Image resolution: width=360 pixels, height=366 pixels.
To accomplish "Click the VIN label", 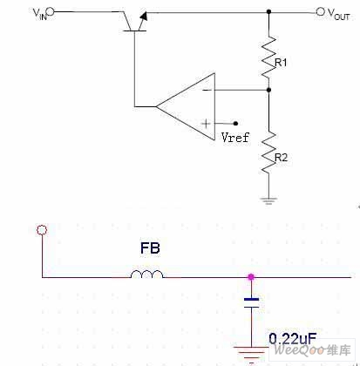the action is (x=40, y=14).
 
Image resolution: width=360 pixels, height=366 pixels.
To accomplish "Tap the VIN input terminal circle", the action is (x=50, y=11).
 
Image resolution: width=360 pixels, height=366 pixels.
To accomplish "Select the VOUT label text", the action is (x=338, y=14).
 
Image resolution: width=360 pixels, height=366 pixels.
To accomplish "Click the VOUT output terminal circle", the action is (x=320, y=11).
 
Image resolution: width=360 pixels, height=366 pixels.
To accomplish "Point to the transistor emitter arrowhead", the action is (x=144, y=16).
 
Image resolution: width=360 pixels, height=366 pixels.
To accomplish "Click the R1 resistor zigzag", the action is (x=268, y=57).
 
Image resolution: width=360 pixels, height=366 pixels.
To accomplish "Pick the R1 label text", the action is (x=281, y=63).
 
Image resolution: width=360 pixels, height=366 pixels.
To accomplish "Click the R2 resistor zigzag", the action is (x=268, y=152).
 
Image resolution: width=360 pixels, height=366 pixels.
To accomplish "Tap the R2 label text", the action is (x=281, y=158).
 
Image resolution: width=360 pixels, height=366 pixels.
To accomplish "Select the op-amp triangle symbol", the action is (x=186, y=106).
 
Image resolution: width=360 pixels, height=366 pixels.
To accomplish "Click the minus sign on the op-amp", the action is (x=207, y=90).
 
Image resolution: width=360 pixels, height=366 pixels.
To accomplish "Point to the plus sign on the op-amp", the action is (x=206, y=124).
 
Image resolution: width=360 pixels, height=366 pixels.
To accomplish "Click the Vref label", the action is (x=235, y=137).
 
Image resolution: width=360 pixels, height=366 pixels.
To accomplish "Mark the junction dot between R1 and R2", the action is (x=268, y=90).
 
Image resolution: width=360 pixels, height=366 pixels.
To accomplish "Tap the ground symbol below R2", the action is (x=268, y=200).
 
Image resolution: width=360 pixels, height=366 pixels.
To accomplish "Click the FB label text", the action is (x=150, y=248).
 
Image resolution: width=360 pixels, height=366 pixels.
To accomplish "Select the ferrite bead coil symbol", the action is (x=146, y=274).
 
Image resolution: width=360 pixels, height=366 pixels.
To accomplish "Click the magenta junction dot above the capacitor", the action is (x=251, y=277).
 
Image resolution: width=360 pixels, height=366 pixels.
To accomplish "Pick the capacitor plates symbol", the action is (x=251, y=302).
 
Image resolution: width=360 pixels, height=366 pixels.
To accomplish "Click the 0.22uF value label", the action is (x=292, y=339).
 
